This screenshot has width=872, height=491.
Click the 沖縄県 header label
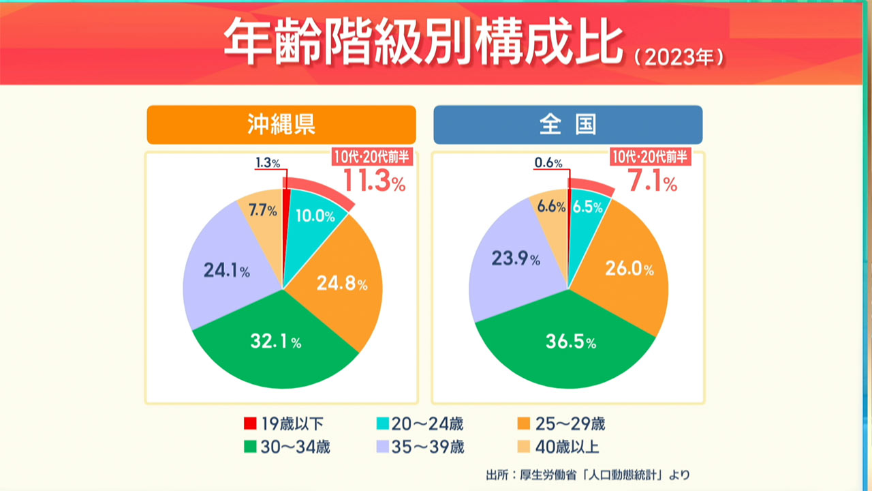coord(281,124)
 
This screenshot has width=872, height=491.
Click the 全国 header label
coord(567,124)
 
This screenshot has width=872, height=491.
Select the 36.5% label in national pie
coord(570,342)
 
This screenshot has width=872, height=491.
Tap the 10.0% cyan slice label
coord(315,216)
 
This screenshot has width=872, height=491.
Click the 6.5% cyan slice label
coord(587,207)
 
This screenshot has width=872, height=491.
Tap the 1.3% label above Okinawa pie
coord(268,163)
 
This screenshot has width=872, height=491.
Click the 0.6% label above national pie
coord(548,163)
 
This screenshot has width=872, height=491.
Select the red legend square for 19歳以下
coord(249,424)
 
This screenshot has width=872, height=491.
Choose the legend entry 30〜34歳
coord(286,447)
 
